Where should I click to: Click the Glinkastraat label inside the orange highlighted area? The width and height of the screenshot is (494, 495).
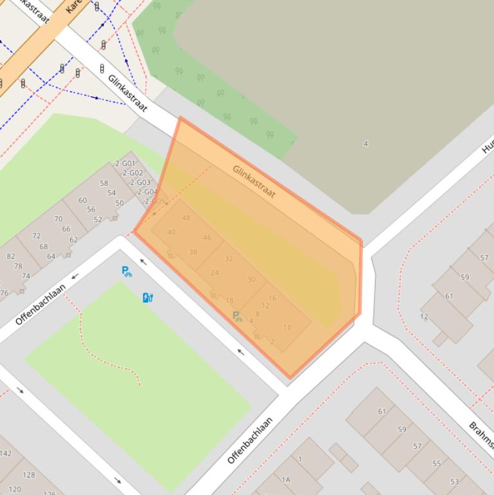pos(254,181)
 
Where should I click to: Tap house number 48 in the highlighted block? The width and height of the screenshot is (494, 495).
pos(186,218)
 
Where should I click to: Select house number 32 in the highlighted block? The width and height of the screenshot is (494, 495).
pos(229,258)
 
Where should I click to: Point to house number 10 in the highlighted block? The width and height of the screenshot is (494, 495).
pos(287,327)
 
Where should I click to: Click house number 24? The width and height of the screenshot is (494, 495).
pos(215,273)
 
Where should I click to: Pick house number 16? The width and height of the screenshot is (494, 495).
pos(272,298)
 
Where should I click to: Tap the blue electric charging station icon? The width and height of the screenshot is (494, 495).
pos(148,297)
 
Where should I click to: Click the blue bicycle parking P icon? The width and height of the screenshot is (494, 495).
pos(127,271)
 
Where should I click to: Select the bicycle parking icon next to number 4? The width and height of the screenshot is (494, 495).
pos(237,316)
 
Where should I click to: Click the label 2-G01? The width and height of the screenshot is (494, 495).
pos(125,164)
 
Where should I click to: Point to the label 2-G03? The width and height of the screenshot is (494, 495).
pos(139,183)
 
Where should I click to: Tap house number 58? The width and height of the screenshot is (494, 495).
pos(103,183)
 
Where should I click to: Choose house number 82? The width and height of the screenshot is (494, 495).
pos(11,256)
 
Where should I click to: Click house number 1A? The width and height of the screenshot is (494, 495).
pos(285,480)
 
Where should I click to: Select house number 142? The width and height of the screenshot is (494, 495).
pos(6,453)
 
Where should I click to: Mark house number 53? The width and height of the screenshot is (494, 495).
pos(455,482)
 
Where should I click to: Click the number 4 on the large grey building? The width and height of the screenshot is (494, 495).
pos(366,143)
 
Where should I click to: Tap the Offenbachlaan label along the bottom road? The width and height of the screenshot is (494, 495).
pos(250,440)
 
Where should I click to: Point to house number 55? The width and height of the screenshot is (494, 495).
pos(437,464)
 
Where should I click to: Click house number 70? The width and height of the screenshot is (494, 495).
pos(58,219)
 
